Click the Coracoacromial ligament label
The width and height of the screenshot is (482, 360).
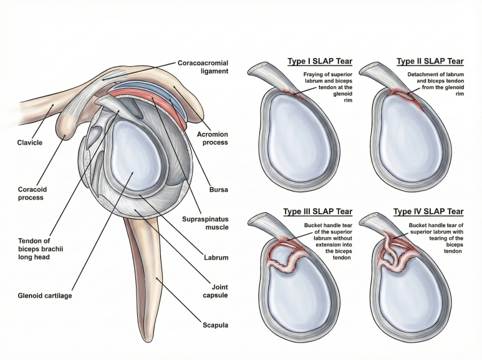pos(203,67)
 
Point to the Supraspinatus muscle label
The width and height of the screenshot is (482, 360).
pos(204,223)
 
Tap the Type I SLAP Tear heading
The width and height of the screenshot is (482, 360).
pos(320,62)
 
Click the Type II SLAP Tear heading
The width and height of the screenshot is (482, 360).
pos(430,62)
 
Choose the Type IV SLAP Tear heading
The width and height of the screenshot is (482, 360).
pos(429,212)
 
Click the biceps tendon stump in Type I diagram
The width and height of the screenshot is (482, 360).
pos(261,74)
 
